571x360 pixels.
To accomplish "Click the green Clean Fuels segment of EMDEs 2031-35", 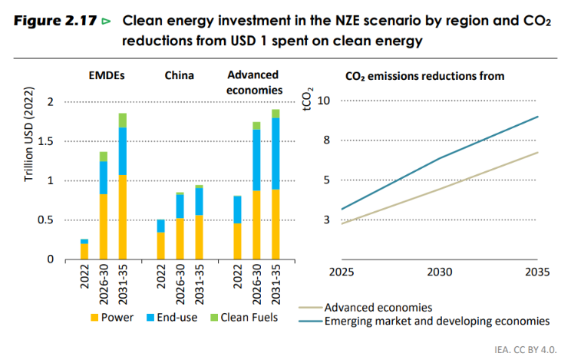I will coord(123,120).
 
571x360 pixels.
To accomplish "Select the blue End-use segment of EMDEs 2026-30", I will coord(104,177).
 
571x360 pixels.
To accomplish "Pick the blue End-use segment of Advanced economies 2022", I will coord(237,210).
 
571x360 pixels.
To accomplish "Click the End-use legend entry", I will coord(172,316).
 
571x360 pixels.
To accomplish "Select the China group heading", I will coord(179,75).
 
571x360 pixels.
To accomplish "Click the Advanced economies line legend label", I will coord(379,307).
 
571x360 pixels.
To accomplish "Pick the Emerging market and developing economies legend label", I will coord(437,321).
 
